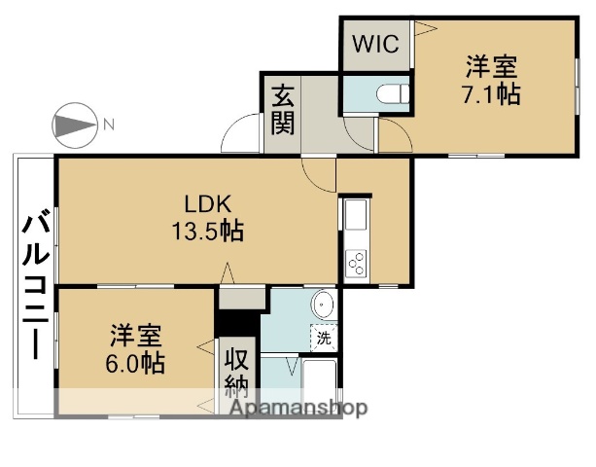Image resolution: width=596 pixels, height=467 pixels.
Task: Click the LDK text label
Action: point(207,204)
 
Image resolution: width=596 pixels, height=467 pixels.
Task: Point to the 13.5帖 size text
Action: point(207,232)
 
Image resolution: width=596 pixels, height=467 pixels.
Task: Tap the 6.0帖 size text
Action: point(135,365)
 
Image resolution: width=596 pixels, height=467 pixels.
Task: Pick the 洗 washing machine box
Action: point(323,340)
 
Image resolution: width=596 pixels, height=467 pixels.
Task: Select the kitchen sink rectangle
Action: point(354,214)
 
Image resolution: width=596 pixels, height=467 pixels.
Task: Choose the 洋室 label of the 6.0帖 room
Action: point(135,338)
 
